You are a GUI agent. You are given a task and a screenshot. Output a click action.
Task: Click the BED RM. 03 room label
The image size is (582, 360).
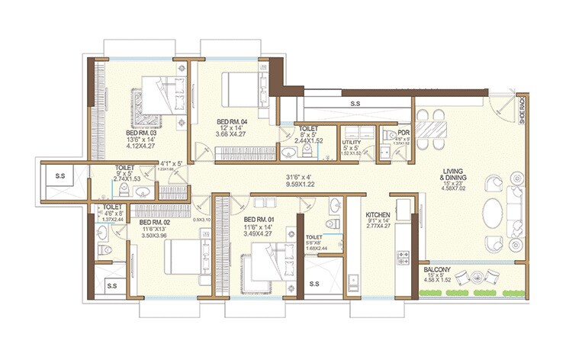click(x=141, y=132)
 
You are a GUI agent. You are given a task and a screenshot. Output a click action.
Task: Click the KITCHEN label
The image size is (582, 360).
click(x=378, y=215)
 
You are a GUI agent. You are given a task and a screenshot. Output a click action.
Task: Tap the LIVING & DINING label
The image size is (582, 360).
click(x=459, y=174)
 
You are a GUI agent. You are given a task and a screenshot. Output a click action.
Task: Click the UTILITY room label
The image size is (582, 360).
click(x=352, y=142)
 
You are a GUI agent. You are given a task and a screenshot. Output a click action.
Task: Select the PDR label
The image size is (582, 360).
click(x=404, y=132)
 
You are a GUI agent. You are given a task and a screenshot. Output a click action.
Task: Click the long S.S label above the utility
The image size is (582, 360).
click(x=355, y=101)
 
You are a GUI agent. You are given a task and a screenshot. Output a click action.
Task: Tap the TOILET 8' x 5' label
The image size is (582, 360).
click(x=309, y=129)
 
